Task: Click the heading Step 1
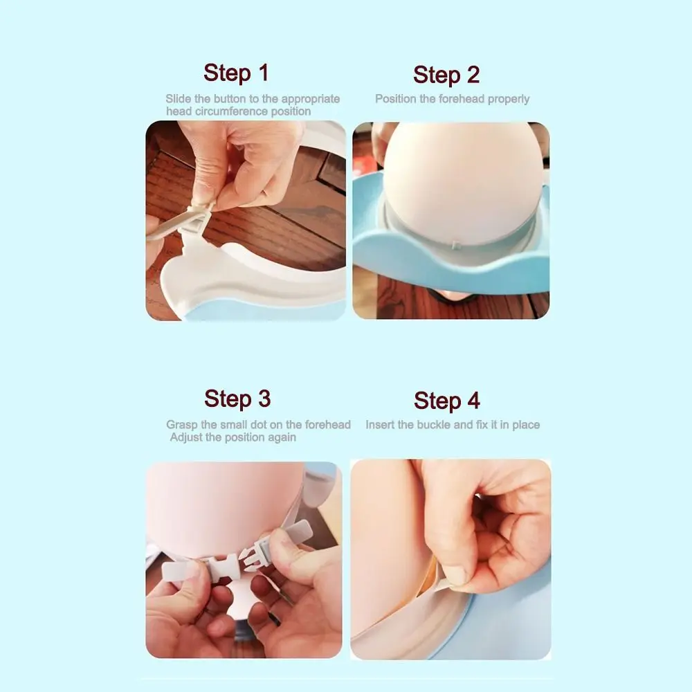(x=236, y=73)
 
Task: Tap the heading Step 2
(x=446, y=75)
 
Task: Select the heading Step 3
(x=237, y=399)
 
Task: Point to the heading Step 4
(x=446, y=401)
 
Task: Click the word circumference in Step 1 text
(x=231, y=111)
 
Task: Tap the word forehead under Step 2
(x=462, y=99)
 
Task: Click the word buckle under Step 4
(x=433, y=425)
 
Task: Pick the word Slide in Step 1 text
(x=179, y=99)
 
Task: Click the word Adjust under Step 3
(x=185, y=438)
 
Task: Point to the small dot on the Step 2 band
(x=456, y=245)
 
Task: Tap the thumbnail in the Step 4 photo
(x=455, y=574)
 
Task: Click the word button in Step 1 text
(x=231, y=99)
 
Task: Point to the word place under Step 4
(x=526, y=426)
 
